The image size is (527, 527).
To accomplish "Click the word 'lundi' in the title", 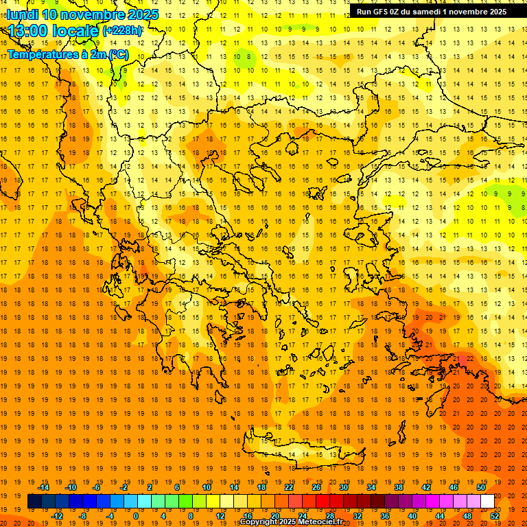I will (x=22, y=14).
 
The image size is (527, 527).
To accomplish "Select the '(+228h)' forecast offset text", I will (x=123, y=31).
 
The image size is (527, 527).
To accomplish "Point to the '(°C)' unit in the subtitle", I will (x=118, y=54).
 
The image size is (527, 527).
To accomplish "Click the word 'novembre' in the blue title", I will (x=95, y=14).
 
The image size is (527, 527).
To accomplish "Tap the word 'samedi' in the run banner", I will (x=423, y=12).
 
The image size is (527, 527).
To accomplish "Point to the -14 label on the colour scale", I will (x=44, y=487).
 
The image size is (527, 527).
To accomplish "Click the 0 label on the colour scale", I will (x=135, y=515).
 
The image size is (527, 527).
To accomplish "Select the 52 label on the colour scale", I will (x=495, y=515).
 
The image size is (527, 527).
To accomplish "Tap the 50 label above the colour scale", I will (x=480, y=487).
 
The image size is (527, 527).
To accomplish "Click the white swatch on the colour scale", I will (x=487, y=502).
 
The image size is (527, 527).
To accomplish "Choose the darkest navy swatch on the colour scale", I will (x=34, y=502).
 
